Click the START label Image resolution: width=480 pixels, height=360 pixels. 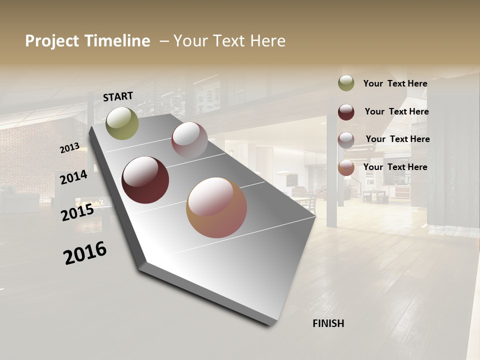(118, 96)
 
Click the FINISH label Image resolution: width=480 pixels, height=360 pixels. (328, 323)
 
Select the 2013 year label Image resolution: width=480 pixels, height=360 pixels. (70, 147)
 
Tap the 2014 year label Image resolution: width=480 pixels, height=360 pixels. (74, 177)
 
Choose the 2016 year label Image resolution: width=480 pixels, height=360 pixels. (85, 252)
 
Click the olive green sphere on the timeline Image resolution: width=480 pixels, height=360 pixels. (122, 123)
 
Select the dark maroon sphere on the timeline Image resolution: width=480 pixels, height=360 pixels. (145, 180)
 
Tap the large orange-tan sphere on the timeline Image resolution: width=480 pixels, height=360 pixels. (216, 207)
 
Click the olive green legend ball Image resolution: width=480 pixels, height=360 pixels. (346, 83)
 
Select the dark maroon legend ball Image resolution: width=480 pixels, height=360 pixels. (346, 112)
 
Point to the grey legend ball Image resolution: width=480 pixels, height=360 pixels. (346, 139)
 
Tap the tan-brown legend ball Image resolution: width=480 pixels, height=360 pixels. (346, 167)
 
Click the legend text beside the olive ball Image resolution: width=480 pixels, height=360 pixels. (395, 83)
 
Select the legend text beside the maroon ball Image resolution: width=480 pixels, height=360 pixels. (396, 111)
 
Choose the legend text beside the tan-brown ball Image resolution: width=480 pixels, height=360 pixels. (395, 167)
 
